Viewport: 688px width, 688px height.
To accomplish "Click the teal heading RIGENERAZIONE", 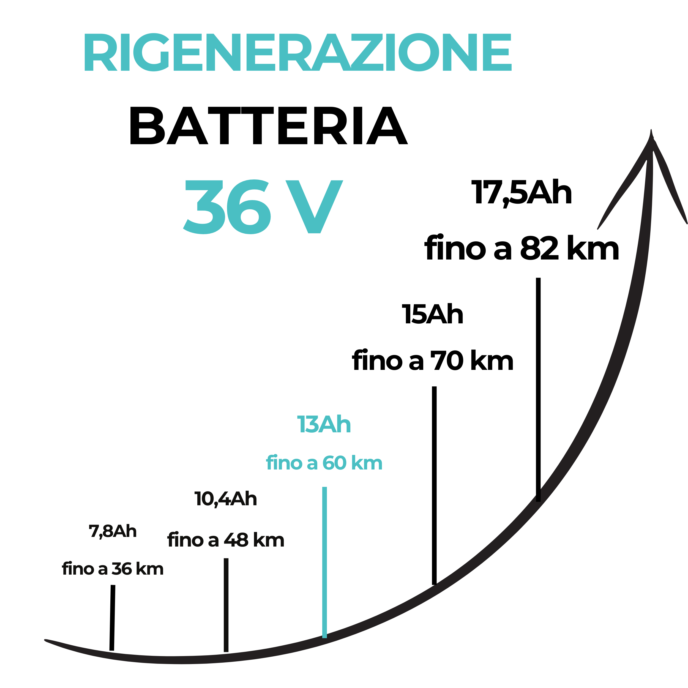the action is (x=298, y=52).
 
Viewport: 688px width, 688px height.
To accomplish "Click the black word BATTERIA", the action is (x=269, y=126).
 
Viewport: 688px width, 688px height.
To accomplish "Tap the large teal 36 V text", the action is (x=263, y=207).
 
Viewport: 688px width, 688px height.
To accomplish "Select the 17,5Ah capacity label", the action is (x=522, y=193).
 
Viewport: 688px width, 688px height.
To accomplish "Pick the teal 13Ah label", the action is (x=324, y=424).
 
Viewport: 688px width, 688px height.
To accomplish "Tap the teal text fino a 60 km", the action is (x=324, y=463).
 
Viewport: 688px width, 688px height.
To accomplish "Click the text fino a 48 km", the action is (x=226, y=540).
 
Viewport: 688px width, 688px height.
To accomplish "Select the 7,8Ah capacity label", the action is (x=113, y=531).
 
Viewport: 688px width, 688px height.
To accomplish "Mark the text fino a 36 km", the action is (x=113, y=569).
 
